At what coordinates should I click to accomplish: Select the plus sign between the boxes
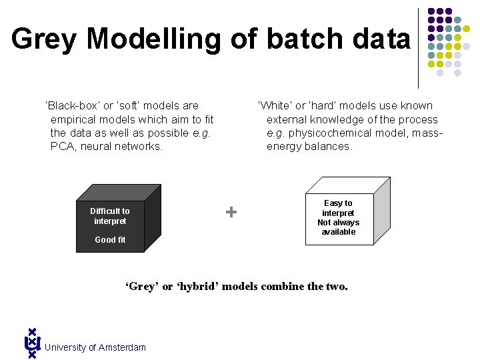pyautogui.click(x=231, y=212)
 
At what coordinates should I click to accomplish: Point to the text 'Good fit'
pyautogui.click(x=110, y=240)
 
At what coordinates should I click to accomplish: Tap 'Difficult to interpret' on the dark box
pyautogui.click(x=110, y=216)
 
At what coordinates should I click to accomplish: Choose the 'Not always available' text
pyautogui.click(x=339, y=227)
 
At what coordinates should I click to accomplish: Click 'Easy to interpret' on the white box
pyautogui.click(x=339, y=208)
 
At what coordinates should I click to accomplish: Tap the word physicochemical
pyautogui.click(x=331, y=133)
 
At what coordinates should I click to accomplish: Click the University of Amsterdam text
pyautogui.click(x=95, y=347)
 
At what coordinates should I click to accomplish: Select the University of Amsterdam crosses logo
pyautogui.click(x=31, y=343)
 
